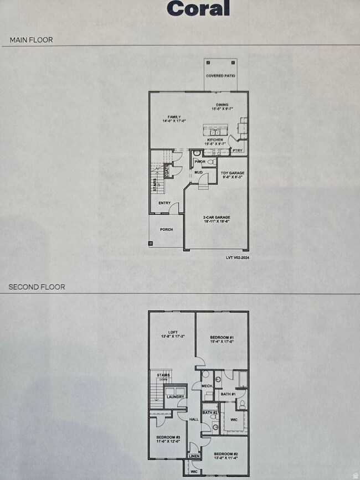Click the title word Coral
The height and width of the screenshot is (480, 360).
tap(198, 8)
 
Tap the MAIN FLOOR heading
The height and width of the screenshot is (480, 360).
tap(31, 40)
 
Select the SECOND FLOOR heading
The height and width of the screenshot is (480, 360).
tap(37, 287)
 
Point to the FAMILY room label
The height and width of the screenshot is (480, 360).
tap(172, 117)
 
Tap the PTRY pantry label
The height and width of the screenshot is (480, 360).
tap(238, 150)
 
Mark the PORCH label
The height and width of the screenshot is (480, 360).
tap(166, 229)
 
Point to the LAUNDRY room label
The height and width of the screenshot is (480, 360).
tap(176, 396)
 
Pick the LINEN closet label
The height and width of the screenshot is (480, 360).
tap(194, 456)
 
